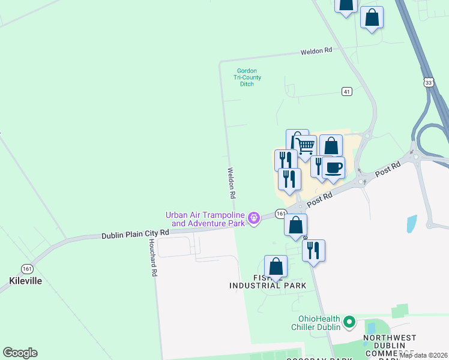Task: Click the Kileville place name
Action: point(26,280)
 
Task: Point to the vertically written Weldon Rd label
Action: point(231,183)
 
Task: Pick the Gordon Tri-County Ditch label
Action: point(247,77)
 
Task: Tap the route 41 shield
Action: point(347,91)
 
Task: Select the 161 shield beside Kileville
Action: point(26,268)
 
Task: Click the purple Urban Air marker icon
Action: point(255,217)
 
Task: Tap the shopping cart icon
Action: point(306,145)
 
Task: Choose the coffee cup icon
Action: point(334,166)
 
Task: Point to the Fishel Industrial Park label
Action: point(268,281)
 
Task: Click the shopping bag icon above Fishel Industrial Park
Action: point(276,266)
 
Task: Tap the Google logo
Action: point(20,353)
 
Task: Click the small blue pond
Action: point(412,224)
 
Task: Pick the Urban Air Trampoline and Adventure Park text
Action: point(206,219)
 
